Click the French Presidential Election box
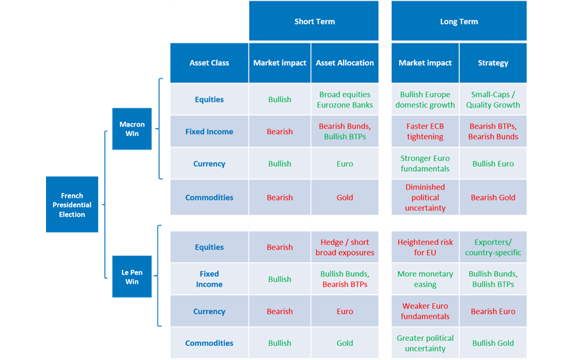72,204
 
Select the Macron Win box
132,129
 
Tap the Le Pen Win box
132,277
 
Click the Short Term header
313,21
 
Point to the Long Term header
459,21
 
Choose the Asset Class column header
209,63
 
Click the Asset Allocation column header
345,63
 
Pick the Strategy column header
493,63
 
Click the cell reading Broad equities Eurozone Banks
345,99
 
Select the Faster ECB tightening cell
425,131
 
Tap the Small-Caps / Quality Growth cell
493,99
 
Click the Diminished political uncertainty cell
425,198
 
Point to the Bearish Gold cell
493,198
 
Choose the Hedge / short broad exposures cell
345,247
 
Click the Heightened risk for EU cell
425,247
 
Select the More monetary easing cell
425,279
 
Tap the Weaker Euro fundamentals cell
425,311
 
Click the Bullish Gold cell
493,343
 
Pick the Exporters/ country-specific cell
493,247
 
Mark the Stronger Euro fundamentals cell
425,164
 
